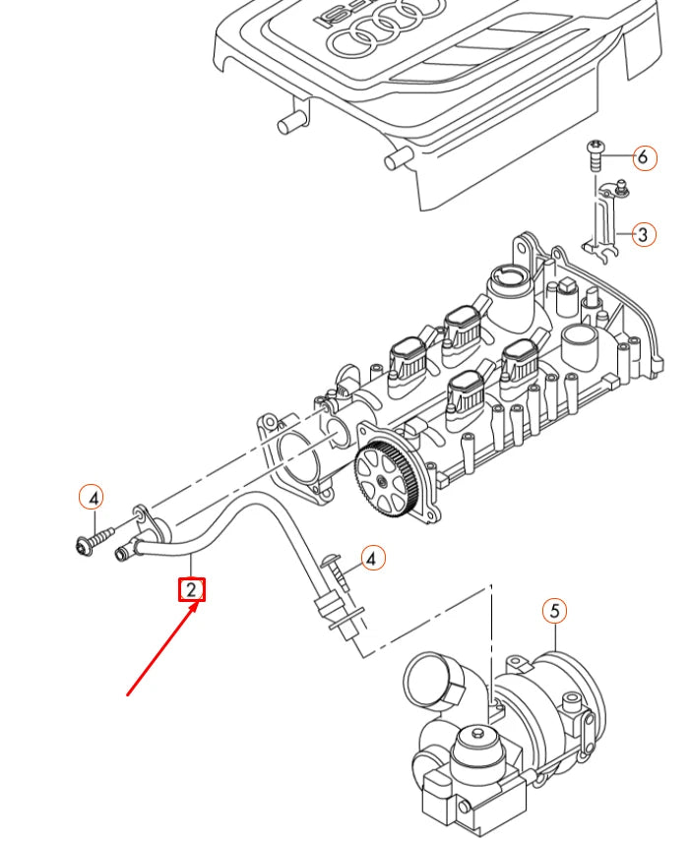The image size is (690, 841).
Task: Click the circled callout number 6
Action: (x=642, y=156)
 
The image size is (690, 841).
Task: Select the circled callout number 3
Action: (x=642, y=234)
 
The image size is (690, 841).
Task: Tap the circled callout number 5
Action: (x=554, y=611)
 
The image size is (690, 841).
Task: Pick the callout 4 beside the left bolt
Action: (x=91, y=499)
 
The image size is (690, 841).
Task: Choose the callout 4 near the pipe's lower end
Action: (x=371, y=559)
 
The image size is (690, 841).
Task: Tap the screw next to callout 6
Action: (x=596, y=154)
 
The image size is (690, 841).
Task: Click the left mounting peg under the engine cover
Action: (x=287, y=122)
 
